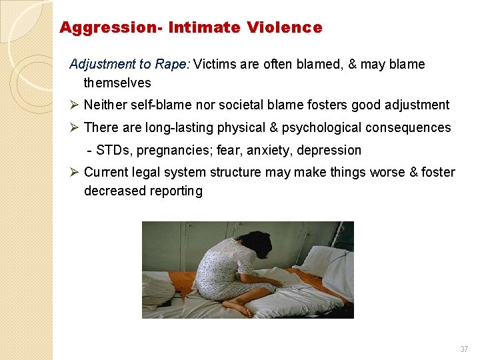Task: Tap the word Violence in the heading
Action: (x=284, y=28)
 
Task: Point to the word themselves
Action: (x=117, y=83)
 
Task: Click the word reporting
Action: (x=176, y=191)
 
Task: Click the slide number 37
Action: (x=464, y=349)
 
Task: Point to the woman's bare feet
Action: (x=237, y=307)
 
